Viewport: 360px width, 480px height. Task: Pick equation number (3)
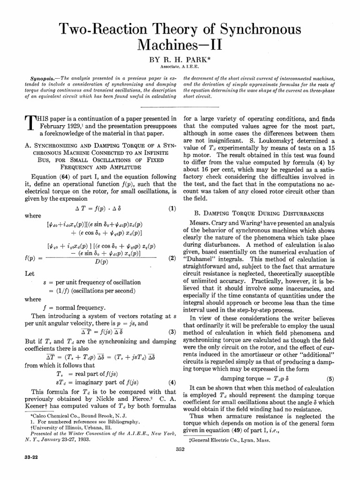[172, 332]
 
